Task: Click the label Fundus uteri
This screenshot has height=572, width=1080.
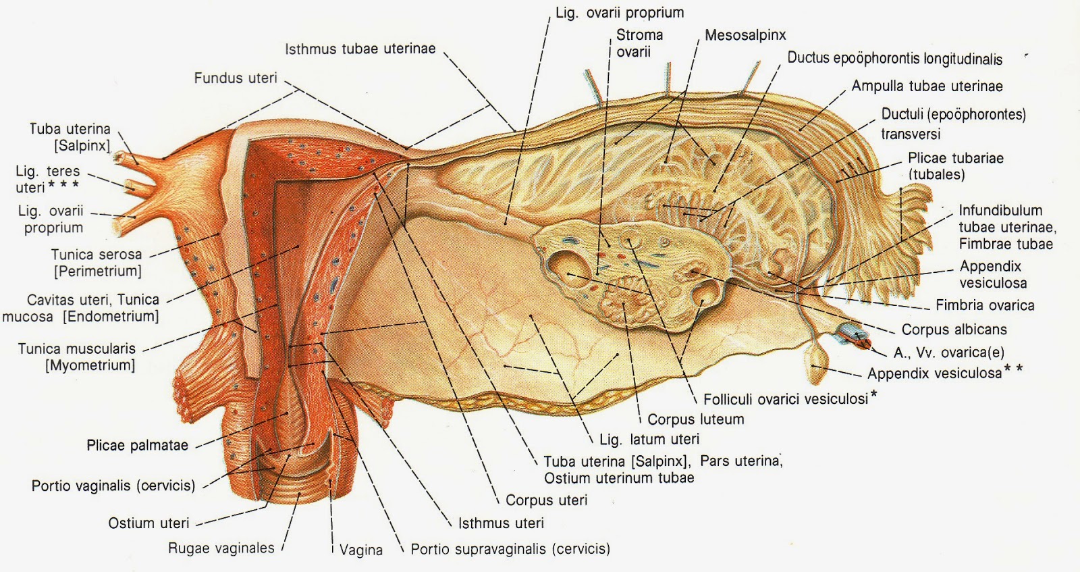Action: click(235, 78)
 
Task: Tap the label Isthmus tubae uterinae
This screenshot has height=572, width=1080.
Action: click(360, 49)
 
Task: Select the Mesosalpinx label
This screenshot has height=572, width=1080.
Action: click(745, 35)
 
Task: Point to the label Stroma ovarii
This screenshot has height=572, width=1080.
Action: click(639, 43)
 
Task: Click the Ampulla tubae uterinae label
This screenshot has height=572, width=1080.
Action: click(927, 86)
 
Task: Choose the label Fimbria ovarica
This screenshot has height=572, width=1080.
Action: click(984, 305)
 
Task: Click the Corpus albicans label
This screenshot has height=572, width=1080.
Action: click(954, 330)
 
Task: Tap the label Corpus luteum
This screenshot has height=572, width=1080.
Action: click(695, 419)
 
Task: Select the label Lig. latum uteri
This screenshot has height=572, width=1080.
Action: click(649, 440)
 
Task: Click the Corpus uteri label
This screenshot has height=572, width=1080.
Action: click(546, 500)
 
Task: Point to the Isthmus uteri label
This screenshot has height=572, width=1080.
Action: click(500, 523)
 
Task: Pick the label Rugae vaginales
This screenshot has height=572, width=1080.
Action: click(221, 548)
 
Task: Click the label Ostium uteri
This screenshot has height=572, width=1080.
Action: click(148, 523)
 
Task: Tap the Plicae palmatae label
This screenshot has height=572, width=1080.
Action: click(137, 446)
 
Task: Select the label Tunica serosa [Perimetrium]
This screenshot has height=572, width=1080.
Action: click(97, 263)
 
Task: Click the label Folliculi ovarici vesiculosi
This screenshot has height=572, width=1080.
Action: click(785, 399)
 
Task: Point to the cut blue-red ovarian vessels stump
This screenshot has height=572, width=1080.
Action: click(854, 334)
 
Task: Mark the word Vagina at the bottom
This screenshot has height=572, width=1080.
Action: click(361, 550)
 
